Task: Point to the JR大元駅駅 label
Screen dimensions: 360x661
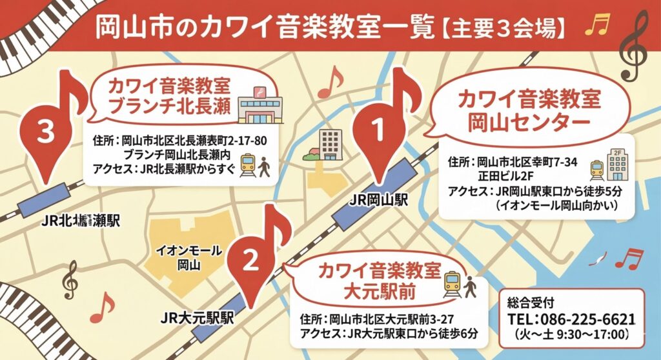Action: pyautogui.click(x=198, y=318)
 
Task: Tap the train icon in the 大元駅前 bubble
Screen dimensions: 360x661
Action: pyautogui.click(x=452, y=283)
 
